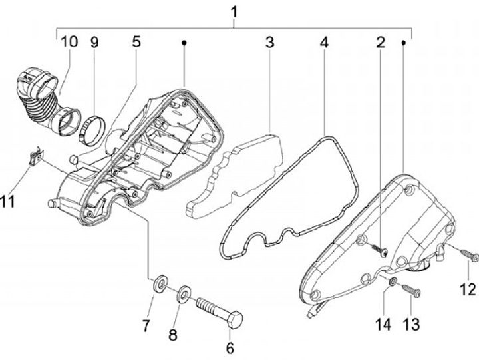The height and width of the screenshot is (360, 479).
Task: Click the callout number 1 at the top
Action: tap(234, 11)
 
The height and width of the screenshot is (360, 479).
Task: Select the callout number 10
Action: tap(69, 42)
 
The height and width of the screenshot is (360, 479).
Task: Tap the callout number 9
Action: tap(94, 42)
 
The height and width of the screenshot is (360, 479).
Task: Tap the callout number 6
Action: tap(230, 347)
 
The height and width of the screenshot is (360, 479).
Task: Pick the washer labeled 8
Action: tap(183, 293)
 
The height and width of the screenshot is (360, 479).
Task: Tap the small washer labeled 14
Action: tap(393, 283)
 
